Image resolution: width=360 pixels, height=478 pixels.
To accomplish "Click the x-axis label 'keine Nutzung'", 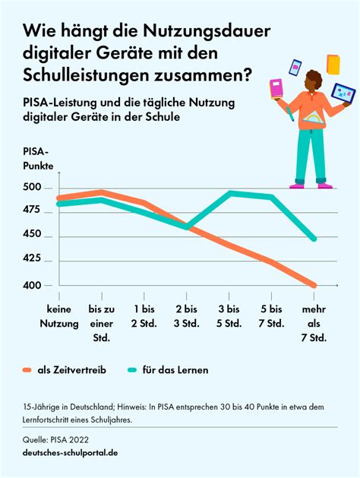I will click(x=59, y=316).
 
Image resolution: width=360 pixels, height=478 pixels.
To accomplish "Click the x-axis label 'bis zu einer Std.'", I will click(x=102, y=323).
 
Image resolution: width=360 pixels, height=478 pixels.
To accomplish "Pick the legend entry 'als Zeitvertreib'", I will click(x=71, y=369).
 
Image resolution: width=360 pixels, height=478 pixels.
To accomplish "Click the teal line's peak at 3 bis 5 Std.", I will click(x=229, y=193).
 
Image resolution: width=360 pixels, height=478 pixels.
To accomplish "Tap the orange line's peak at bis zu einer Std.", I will click(x=102, y=192).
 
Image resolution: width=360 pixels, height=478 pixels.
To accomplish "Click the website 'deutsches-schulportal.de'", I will click(x=70, y=453).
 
